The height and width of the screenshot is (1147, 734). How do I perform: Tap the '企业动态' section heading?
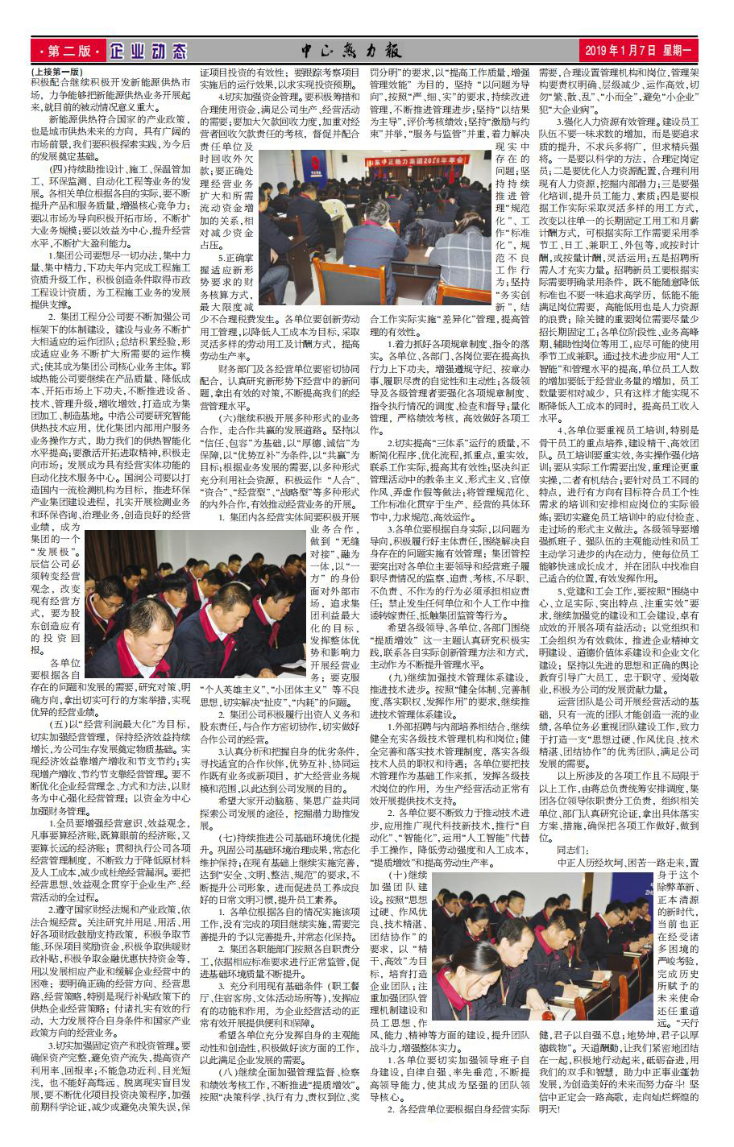[x=147, y=52]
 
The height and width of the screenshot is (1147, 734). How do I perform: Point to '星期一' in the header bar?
[x=675, y=52]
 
